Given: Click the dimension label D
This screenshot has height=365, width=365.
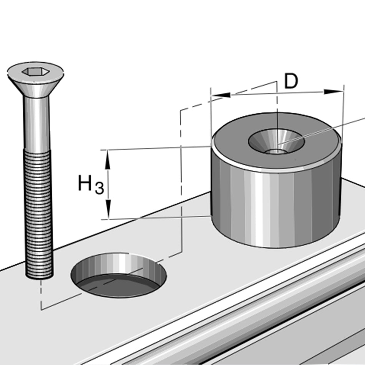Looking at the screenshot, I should [291, 81].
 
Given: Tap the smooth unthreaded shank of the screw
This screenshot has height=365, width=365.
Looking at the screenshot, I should [36, 123].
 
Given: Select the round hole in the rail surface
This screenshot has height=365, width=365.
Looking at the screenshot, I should [119, 275].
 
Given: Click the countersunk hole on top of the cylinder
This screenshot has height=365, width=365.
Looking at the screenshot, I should [276, 142].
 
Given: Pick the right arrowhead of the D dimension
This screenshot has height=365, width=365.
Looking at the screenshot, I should [333, 91].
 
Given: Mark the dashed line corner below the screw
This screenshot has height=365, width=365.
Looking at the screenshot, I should [41, 309].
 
